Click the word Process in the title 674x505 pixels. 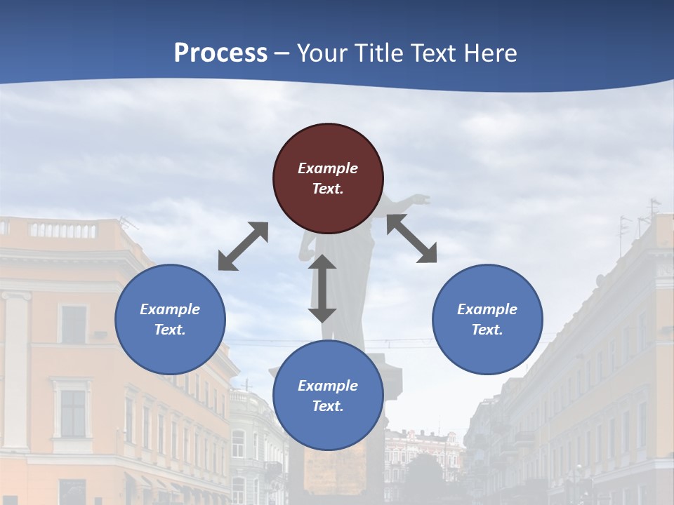[220, 53]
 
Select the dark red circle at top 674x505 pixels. [328, 178]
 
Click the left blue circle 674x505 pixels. [170, 319]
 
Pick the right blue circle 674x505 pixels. [487, 319]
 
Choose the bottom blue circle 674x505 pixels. [328, 395]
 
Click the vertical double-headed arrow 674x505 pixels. [322, 288]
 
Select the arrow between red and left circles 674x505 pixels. [243, 246]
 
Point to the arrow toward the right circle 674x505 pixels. [411, 238]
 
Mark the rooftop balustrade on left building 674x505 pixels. [63, 229]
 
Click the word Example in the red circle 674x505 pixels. [328, 168]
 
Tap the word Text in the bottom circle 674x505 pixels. [328, 406]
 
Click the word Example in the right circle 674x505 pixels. [487, 309]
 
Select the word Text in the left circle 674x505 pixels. [170, 330]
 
